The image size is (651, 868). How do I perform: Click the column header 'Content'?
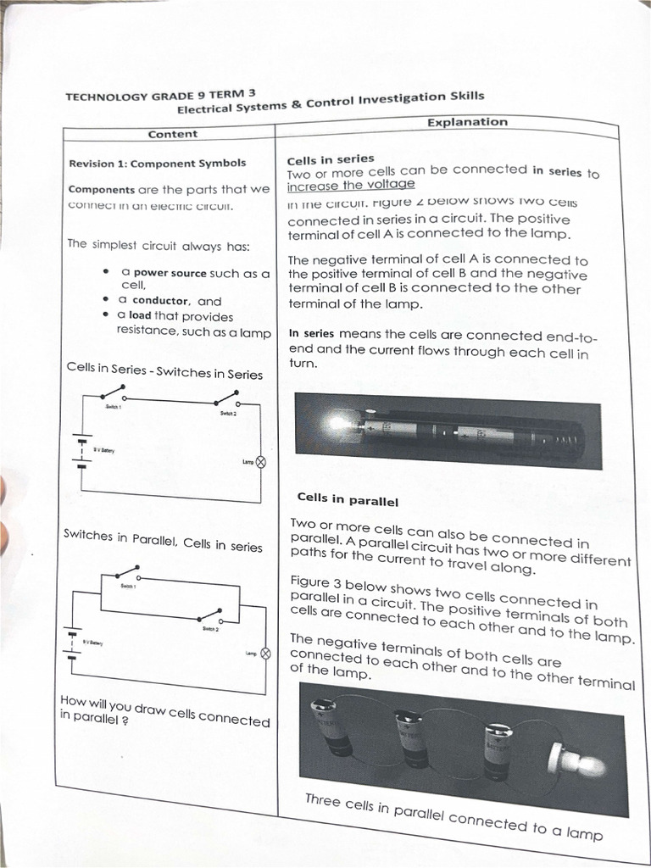click(172, 134)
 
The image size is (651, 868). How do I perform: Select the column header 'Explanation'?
click(467, 122)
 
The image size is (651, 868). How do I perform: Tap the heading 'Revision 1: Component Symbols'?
click(158, 163)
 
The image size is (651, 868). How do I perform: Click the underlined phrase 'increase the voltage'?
click(351, 185)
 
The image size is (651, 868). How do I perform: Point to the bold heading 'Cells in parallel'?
click(348, 499)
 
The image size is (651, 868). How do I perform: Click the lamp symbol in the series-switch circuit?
click(260, 462)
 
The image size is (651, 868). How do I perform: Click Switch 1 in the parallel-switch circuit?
click(127, 574)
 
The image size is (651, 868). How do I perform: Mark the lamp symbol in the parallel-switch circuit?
click(264, 654)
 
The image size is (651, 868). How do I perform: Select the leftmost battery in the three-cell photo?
click(331, 726)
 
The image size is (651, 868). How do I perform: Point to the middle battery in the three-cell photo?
click(413, 737)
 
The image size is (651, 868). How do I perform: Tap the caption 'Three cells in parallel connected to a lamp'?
click(453, 816)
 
